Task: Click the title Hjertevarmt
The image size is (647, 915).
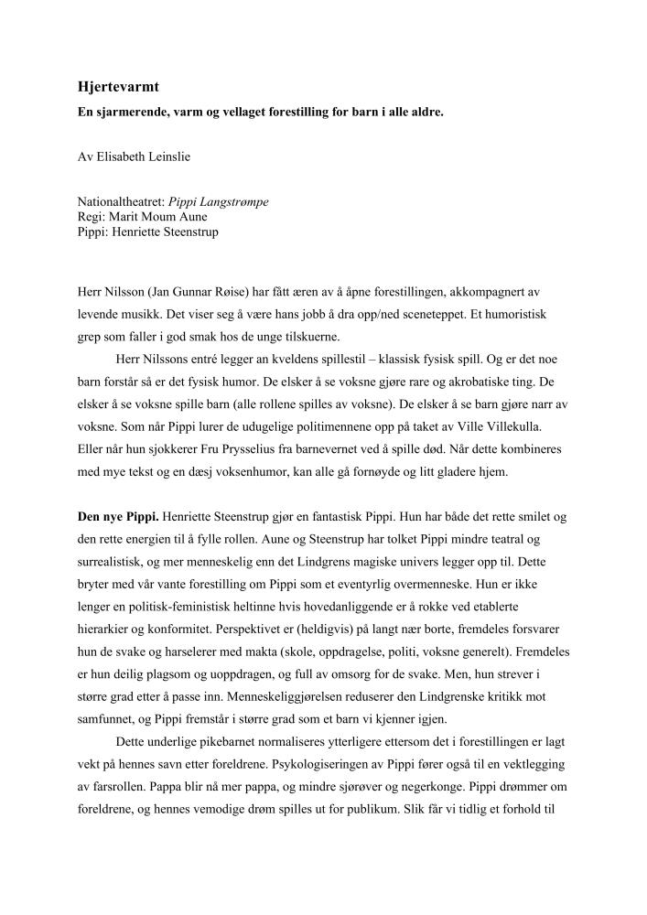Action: (119, 88)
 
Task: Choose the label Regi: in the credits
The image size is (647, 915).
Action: (92, 217)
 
